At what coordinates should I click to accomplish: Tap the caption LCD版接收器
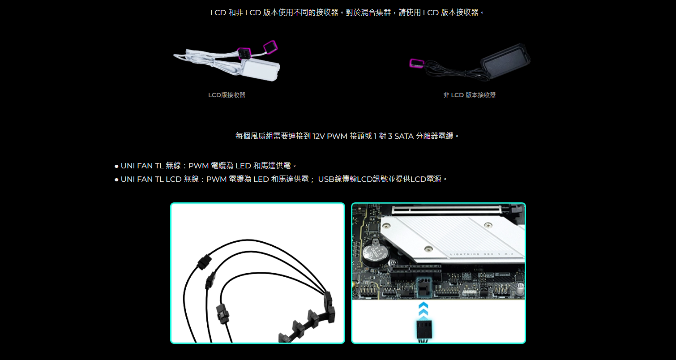pos(227,95)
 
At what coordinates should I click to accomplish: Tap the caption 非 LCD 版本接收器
pos(469,95)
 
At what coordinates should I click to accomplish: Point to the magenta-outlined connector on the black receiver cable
pos(416,64)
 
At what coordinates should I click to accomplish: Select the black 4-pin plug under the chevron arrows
pos(424,330)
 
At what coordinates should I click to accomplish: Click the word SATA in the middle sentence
pos(404,136)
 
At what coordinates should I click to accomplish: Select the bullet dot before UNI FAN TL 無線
pos(116,166)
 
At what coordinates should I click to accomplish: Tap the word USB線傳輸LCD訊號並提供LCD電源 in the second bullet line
pos(380,179)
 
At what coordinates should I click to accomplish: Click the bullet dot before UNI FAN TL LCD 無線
pos(116,180)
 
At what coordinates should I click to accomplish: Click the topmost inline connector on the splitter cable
pos(204,261)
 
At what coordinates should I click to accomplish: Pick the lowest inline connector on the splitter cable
pos(222,314)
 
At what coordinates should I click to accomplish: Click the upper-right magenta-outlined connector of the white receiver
pos(270,47)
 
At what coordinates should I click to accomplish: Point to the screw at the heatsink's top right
pos(488,225)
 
